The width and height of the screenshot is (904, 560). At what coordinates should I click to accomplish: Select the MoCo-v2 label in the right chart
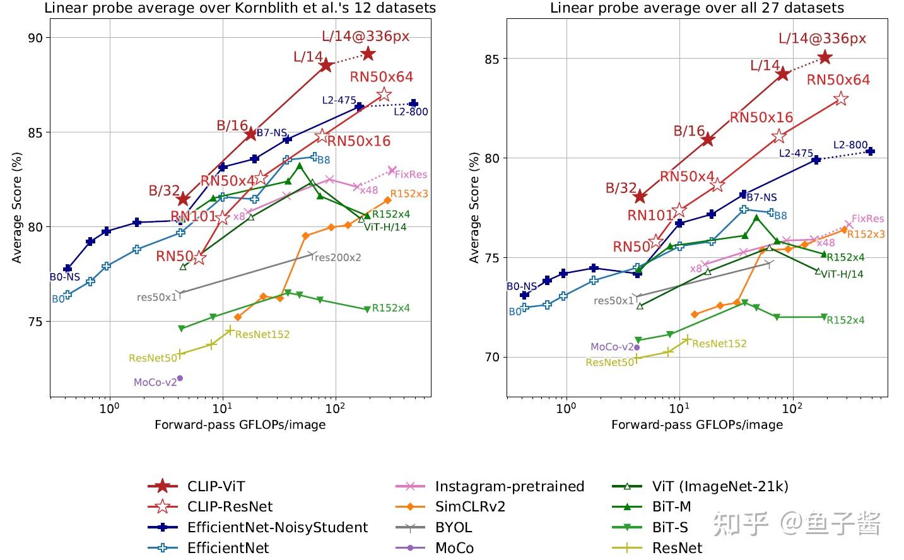click(611, 347)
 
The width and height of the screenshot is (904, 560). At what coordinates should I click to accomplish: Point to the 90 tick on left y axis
click(36, 38)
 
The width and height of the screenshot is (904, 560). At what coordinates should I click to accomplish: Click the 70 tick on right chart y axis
click(493, 357)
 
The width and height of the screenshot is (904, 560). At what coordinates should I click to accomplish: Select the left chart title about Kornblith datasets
click(240, 8)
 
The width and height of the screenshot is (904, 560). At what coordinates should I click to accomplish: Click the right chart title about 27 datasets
click(696, 8)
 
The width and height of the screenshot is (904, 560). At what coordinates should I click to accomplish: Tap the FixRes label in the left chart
click(411, 175)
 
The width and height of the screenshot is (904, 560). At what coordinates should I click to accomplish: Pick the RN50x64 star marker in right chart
click(840, 99)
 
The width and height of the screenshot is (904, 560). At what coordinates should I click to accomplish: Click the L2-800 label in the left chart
click(411, 112)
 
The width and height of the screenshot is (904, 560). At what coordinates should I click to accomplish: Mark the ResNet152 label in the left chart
click(262, 334)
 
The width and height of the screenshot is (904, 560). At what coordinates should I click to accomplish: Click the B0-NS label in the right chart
click(522, 286)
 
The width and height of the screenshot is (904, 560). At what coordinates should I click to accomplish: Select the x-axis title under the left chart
click(240, 424)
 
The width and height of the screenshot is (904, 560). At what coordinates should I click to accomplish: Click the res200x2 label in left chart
click(338, 257)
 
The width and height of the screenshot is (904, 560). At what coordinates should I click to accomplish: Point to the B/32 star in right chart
click(640, 196)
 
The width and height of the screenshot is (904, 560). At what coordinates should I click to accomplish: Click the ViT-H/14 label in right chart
click(842, 274)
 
